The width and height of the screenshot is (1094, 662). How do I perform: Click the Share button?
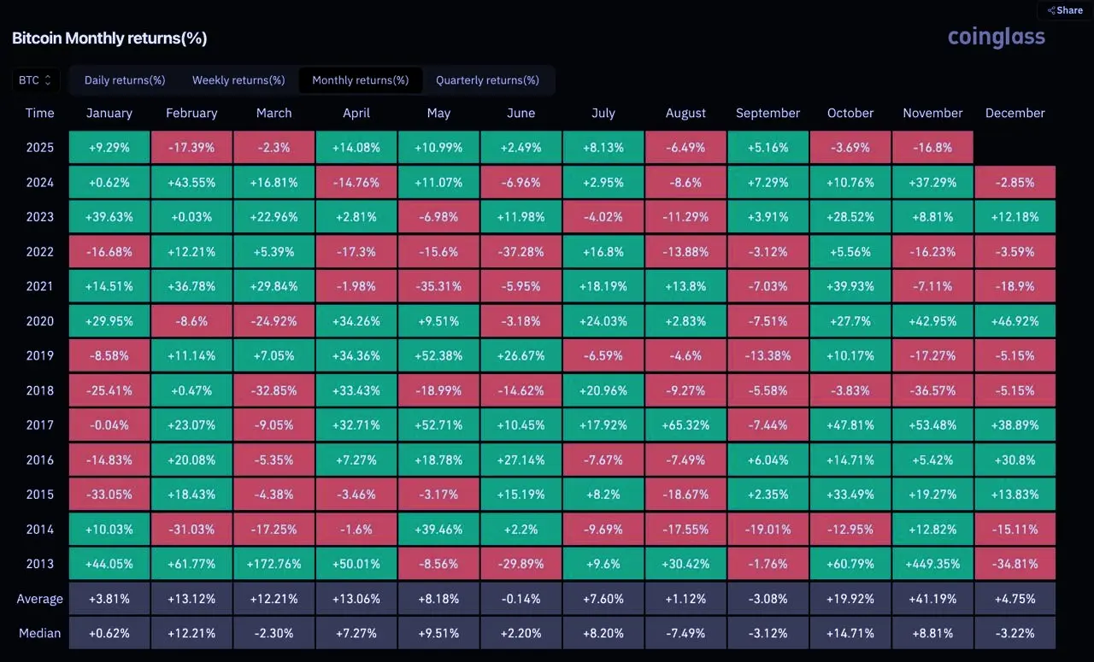click(1065, 10)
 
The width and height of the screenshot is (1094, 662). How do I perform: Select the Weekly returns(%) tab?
click(238, 80)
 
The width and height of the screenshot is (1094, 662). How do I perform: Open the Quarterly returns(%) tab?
click(487, 80)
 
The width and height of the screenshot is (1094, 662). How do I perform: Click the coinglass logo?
click(996, 37)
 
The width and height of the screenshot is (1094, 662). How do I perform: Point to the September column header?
click(768, 113)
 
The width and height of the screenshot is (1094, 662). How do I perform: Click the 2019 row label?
click(39, 355)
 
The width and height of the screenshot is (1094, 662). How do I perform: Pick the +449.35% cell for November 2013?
click(932, 564)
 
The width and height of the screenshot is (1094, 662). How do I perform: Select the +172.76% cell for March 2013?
click(273, 564)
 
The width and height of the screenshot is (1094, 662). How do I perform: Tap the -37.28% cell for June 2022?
click(521, 252)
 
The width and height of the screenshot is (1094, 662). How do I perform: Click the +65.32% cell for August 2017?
click(685, 425)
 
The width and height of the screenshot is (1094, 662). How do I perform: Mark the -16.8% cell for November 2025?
click(932, 148)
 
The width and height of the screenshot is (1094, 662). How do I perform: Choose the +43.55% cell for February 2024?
click(191, 182)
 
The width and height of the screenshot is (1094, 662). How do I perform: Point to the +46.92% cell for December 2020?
click(1015, 321)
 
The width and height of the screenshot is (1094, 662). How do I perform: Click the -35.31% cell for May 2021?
click(438, 286)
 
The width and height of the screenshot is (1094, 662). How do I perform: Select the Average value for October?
click(850, 599)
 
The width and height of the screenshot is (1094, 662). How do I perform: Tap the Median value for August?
click(685, 634)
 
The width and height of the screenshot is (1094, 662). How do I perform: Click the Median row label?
click(39, 634)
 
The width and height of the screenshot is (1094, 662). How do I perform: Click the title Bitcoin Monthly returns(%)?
click(109, 38)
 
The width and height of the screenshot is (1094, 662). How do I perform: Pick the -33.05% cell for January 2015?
click(109, 495)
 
